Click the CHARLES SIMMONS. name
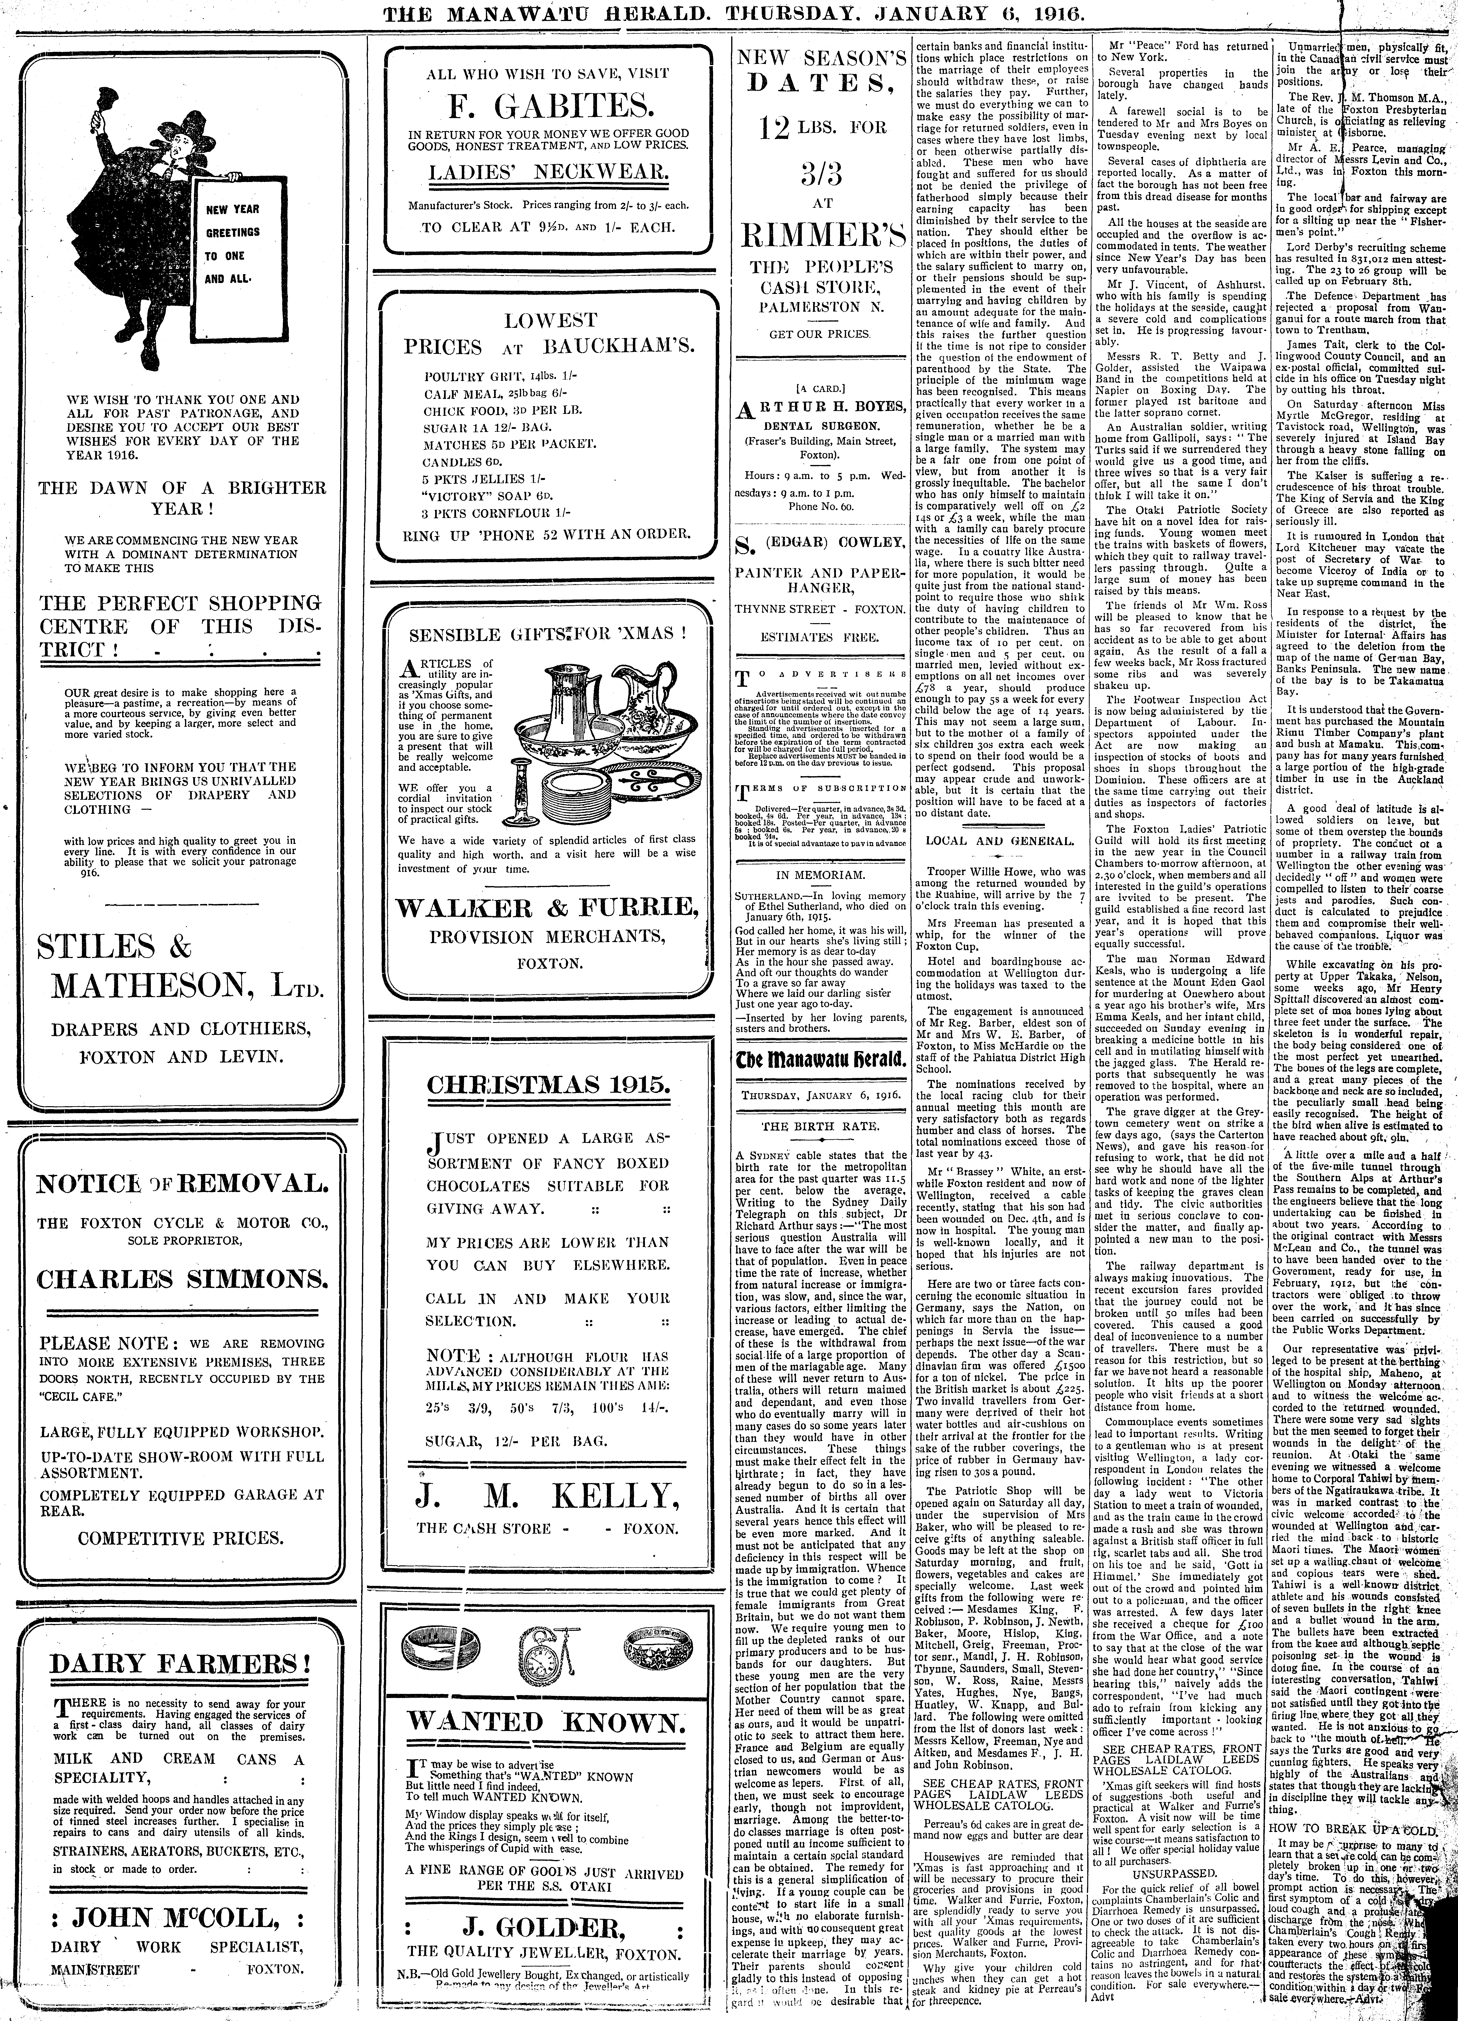181,1280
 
